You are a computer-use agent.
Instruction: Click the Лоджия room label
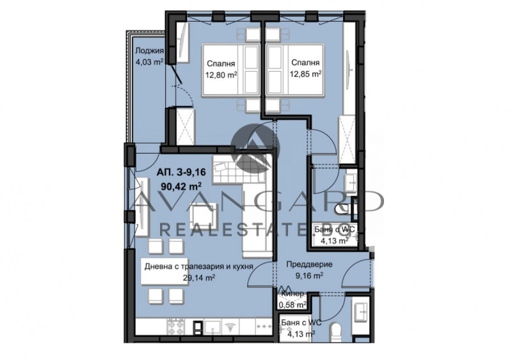point(148,52)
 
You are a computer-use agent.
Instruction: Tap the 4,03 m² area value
point(148,62)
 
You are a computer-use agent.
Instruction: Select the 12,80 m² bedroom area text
point(221,74)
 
